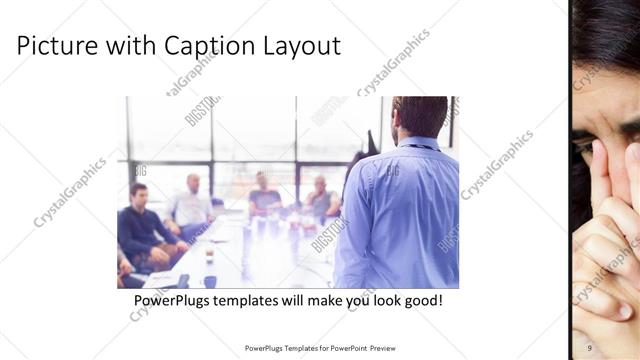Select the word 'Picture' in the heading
(57, 46)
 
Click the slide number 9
(590, 348)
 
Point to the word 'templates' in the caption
(260, 300)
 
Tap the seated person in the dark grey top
(264, 195)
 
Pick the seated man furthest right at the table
(321, 199)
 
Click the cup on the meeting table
(209, 254)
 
